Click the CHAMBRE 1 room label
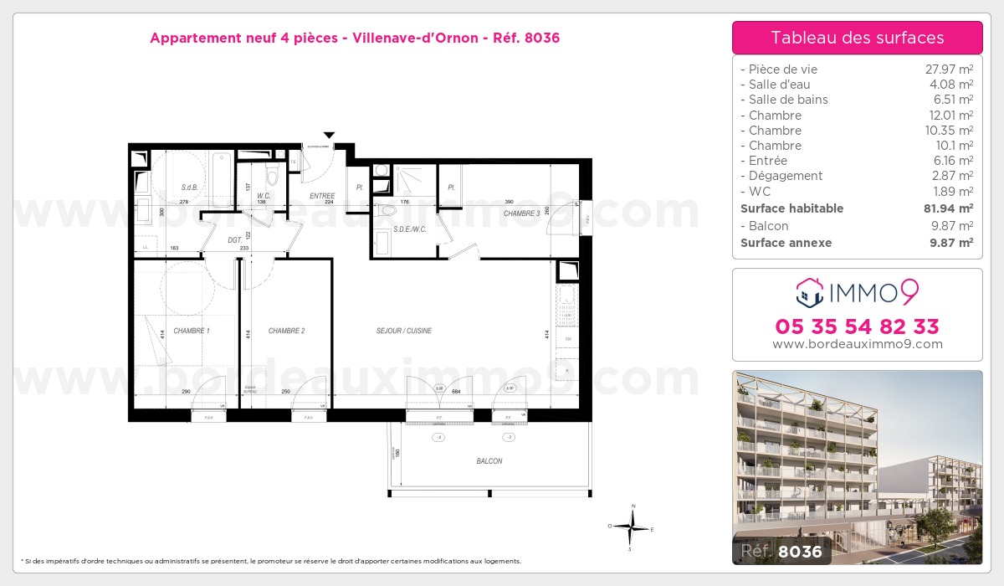click(192, 332)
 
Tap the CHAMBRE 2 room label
click(286, 332)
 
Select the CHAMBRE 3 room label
click(521, 213)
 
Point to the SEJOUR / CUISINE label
click(404, 332)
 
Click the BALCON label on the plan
click(489, 461)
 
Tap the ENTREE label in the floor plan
click(322, 196)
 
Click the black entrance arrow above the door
click(329, 135)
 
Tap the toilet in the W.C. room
click(271, 177)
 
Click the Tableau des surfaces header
click(857, 38)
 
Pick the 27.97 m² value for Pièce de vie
click(948, 69)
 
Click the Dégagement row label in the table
click(786, 176)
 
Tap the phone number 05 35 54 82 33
click(857, 326)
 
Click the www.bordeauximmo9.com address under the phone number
click(857, 344)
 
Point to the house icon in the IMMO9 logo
click(810, 292)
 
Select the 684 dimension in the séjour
click(456, 392)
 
